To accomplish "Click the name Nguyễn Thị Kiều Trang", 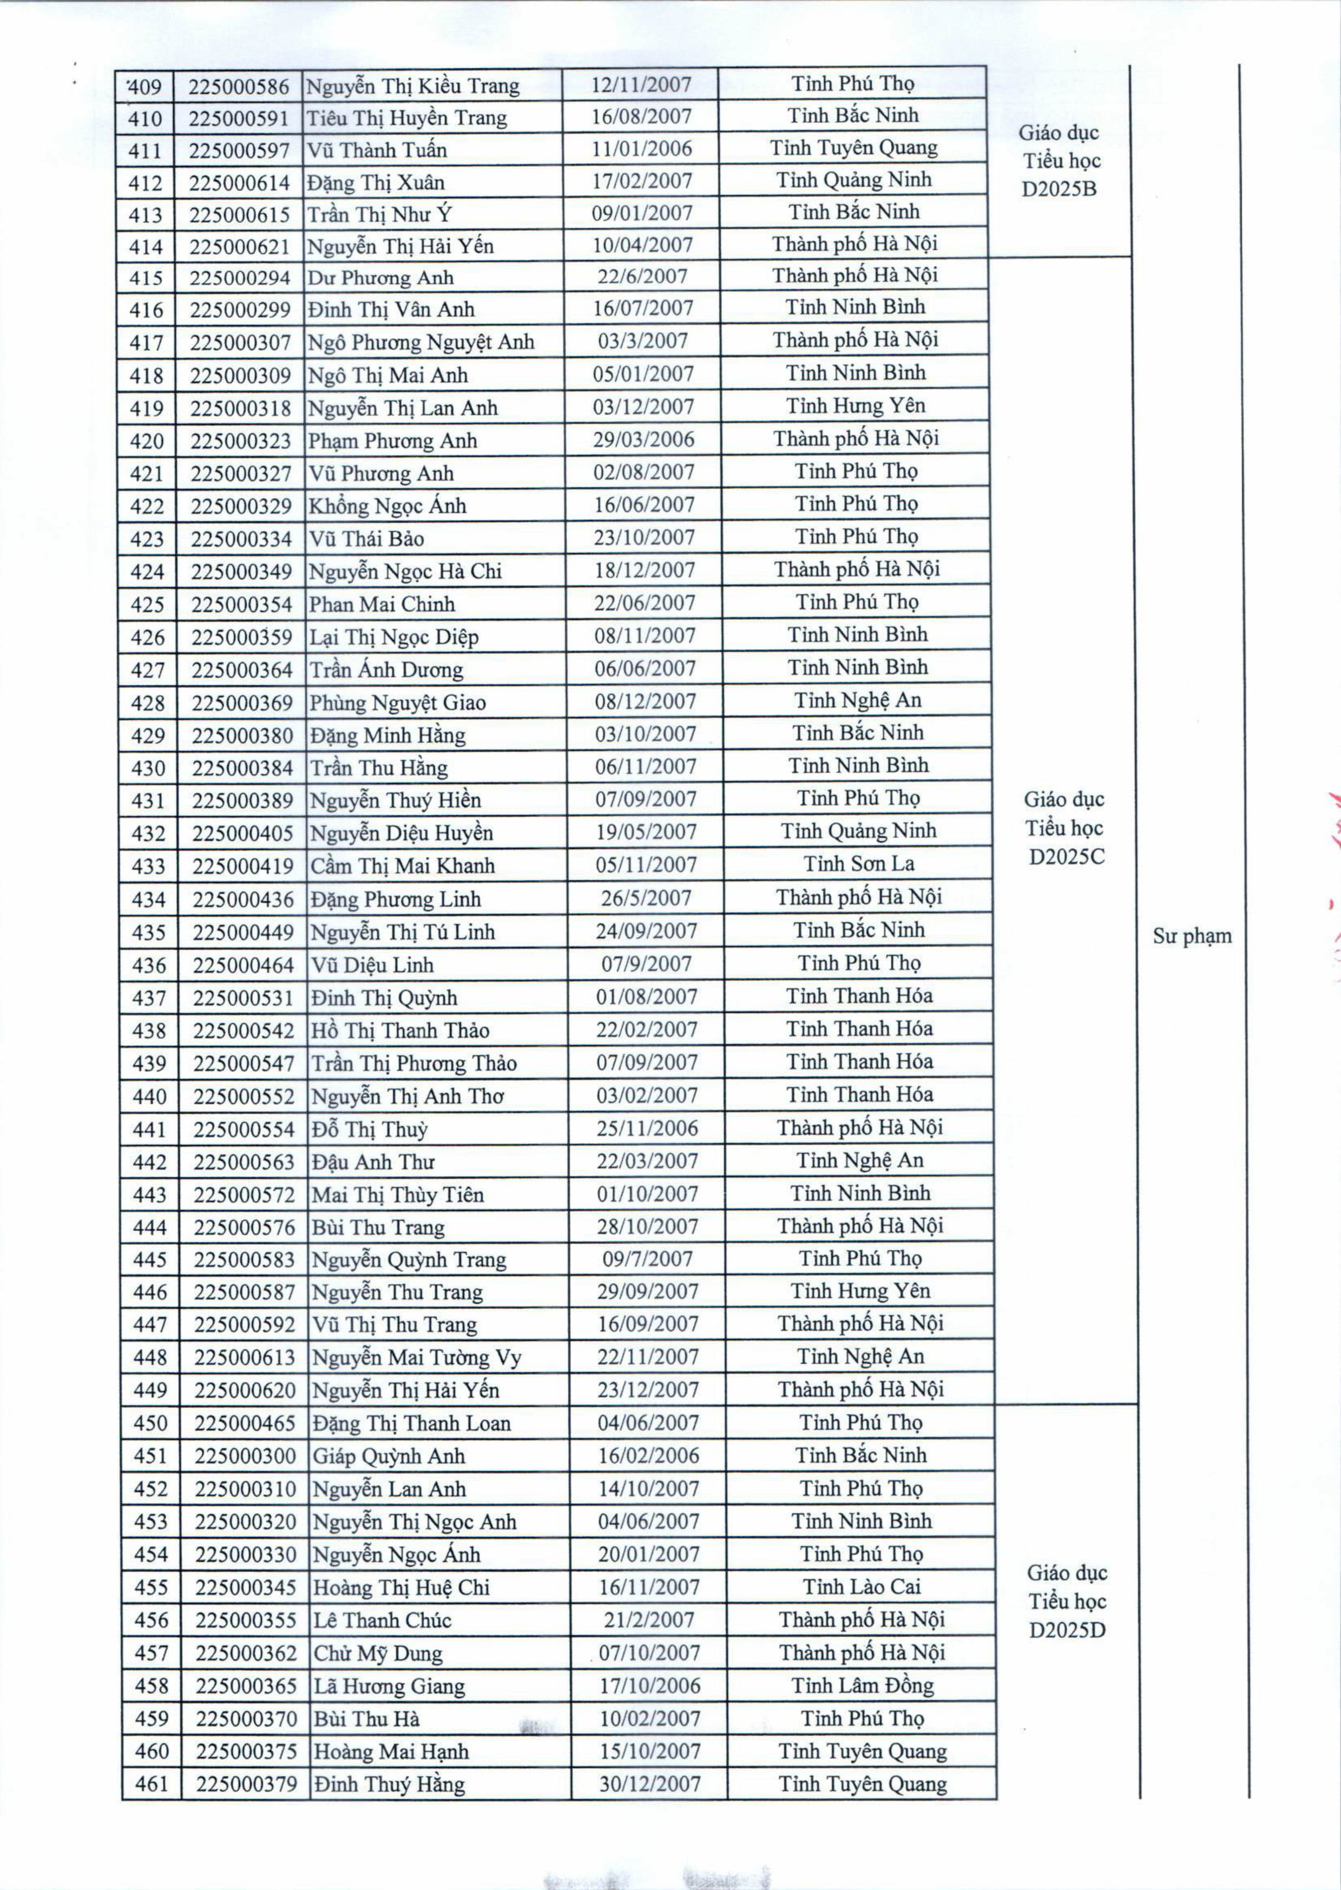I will pyautogui.click(x=413, y=86).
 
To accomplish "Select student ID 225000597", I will pyautogui.click(x=239, y=150).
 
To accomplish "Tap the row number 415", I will pyautogui.click(x=146, y=278).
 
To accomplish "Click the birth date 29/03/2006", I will pyautogui.click(x=643, y=439).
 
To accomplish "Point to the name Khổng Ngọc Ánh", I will pyautogui.click(x=387, y=506).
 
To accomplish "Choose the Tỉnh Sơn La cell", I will pyautogui.click(x=859, y=864).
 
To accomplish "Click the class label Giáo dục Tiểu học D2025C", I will pyautogui.click(x=1065, y=828).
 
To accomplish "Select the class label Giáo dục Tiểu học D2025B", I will pyautogui.click(x=1060, y=160).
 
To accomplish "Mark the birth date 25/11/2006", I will pyautogui.click(x=647, y=1128).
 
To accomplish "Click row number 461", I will pyautogui.click(x=151, y=1783).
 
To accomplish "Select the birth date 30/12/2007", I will pyautogui.click(x=650, y=1783).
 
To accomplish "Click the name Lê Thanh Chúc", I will pyautogui.click(x=382, y=1619).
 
